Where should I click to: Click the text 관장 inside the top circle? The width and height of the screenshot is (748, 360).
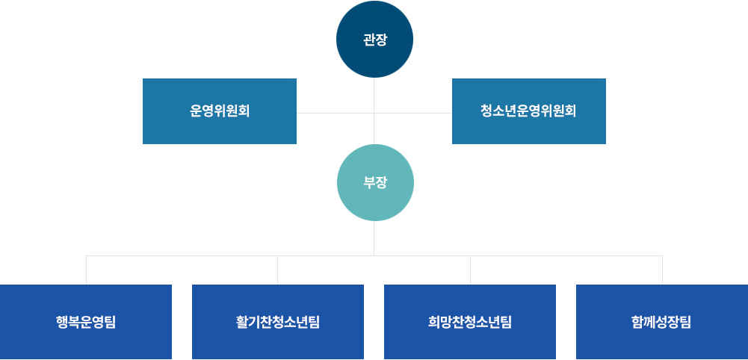pyautogui.click(x=374, y=40)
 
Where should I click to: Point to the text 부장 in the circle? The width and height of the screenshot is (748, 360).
pyautogui.click(x=374, y=182)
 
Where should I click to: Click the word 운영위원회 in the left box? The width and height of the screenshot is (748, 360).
pyautogui.click(x=219, y=111)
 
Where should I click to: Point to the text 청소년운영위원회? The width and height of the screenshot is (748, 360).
pyautogui.click(x=528, y=111)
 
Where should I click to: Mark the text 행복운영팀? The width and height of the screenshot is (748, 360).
pyautogui.click(x=86, y=323)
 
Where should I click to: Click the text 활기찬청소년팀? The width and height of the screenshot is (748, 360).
pyautogui.click(x=277, y=323)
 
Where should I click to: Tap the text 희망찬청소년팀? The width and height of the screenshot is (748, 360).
pyautogui.click(x=469, y=323)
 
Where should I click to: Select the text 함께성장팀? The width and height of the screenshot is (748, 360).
pyautogui.click(x=661, y=323)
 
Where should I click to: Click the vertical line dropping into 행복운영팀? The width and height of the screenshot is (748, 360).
pyautogui.click(x=87, y=270)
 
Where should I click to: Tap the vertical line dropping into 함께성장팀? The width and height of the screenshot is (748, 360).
pyautogui.click(x=662, y=270)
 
